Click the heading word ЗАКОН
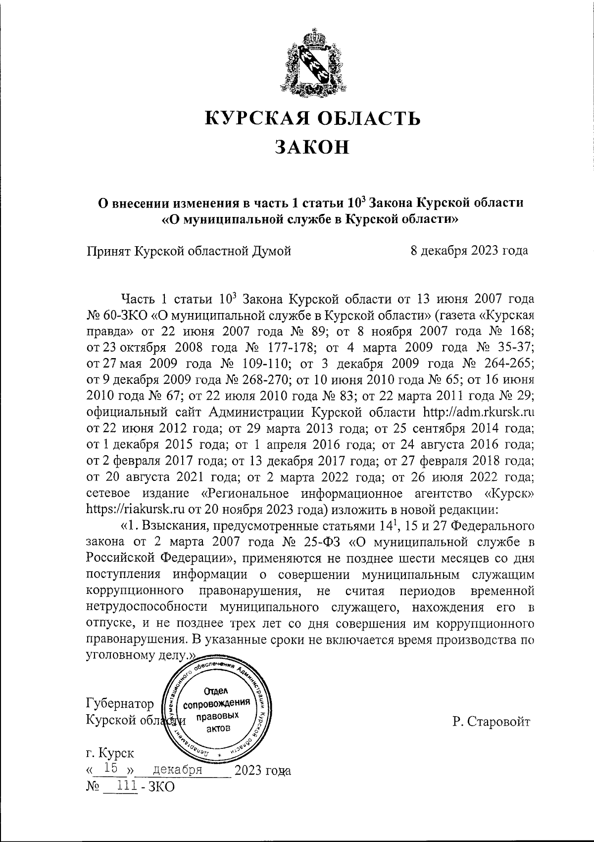pos(312,146)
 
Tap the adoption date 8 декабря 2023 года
pos(469,251)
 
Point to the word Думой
pos(271,251)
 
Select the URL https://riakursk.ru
pos(141,509)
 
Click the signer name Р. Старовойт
pos(491,722)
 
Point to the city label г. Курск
pos(109,753)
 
